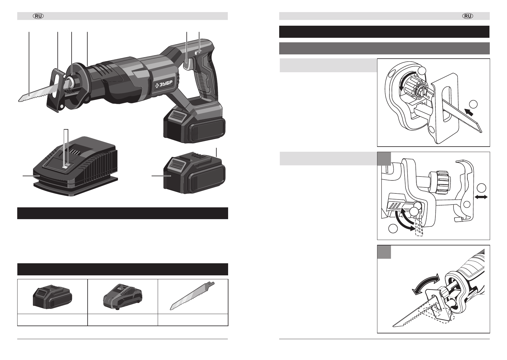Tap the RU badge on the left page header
pyautogui.click(x=38, y=16)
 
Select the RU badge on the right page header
pyautogui.click(x=468, y=16)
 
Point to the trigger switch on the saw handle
pyautogui.click(x=187, y=63)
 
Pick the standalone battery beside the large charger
pyautogui.click(x=194, y=173)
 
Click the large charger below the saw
pyautogui.click(x=75, y=167)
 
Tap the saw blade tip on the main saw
pyautogui.click(x=19, y=101)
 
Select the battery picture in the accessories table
pyautogui.click(x=53, y=297)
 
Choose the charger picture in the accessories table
pyautogui.click(x=123, y=297)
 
